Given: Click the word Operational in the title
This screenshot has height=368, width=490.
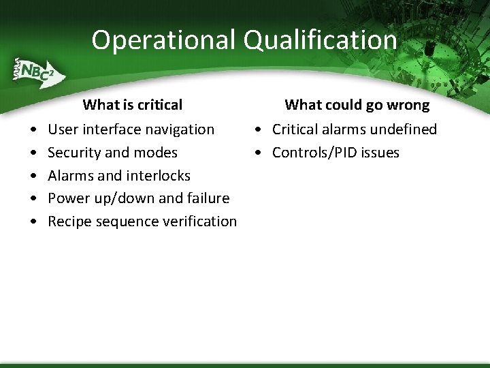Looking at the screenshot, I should click(x=164, y=40).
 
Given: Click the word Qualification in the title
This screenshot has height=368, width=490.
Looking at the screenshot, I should click(x=321, y=40).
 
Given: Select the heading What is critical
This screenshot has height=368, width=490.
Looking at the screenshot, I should click(x=133, y=105).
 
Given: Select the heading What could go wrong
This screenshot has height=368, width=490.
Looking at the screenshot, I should click(x=357, y=105).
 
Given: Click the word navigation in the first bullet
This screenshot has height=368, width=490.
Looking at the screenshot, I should click(x=181, y=129).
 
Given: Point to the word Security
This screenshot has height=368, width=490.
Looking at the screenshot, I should click(x=75, y=153).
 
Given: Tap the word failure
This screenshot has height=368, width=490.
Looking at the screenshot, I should click(x=207, y=198).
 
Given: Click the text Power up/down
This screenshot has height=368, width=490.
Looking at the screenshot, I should click(x=100, y=198).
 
